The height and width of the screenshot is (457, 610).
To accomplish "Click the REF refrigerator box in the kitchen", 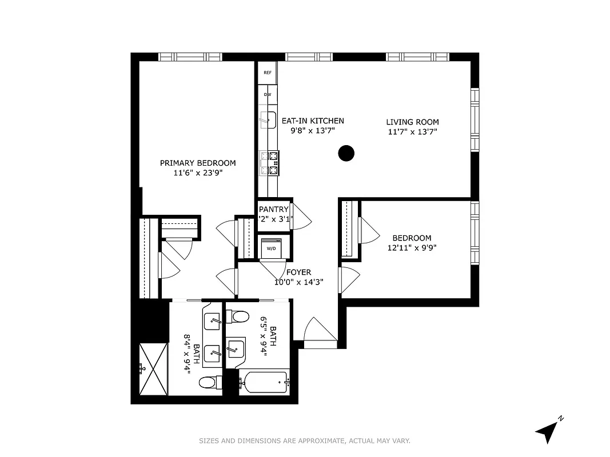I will pyautogui.click(x=267, y=73).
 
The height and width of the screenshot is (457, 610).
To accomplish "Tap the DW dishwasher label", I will pyautogui.click(x=267, y=94).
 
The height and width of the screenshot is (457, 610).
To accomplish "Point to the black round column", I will pyautogui.click(x=346, y=153).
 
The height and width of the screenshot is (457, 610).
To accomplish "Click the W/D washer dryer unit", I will pyautogui.click(x=272, y=248).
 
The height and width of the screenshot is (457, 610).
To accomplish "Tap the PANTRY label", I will pyautogui.click(x=274, y=210).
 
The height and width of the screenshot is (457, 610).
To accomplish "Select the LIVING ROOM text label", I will pyautogui.click(x=412, y=122).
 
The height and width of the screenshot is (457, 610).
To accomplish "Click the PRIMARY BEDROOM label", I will pyautogui.click(x=198, y=163).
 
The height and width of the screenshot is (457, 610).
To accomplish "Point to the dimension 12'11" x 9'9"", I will pyautogui.click(x=412, y=248).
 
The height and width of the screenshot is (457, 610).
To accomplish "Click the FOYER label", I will pyautogui.click(x=298, y=272).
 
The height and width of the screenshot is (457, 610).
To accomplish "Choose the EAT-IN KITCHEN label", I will pyautogui.click(x=313, y=121).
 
